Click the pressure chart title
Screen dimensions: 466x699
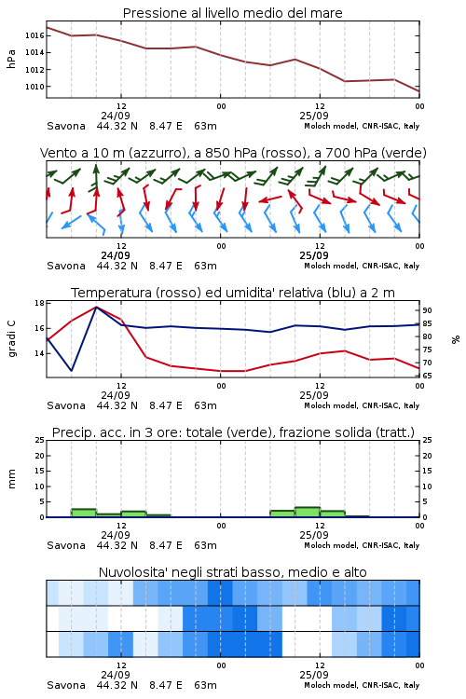[232, 13]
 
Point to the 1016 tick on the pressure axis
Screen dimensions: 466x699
[34, 35]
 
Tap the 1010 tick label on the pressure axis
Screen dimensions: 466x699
[34, 87]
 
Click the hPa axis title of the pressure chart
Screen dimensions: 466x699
[11, 59]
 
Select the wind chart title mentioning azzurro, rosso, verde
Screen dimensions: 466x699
[233, 153]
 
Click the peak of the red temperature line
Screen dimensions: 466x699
[96, 307]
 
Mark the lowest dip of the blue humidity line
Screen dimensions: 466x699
[72, 370]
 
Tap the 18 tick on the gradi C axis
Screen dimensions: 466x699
[39, 303]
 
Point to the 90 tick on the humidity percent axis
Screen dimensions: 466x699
[427, 310]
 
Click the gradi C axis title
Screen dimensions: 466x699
[11, 339]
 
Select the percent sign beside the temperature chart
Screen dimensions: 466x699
[456, 339]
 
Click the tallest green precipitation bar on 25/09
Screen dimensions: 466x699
[308, 512]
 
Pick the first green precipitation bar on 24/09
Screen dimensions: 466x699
[84, 513]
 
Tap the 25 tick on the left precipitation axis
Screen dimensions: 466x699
[39, 440]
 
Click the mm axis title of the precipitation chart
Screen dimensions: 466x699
[11, 479]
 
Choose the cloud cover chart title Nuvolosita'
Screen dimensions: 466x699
[232, 572]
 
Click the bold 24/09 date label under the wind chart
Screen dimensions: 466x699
[116, 256]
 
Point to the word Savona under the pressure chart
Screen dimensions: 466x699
[66, 126]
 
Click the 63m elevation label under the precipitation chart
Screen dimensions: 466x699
[206, 545]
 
